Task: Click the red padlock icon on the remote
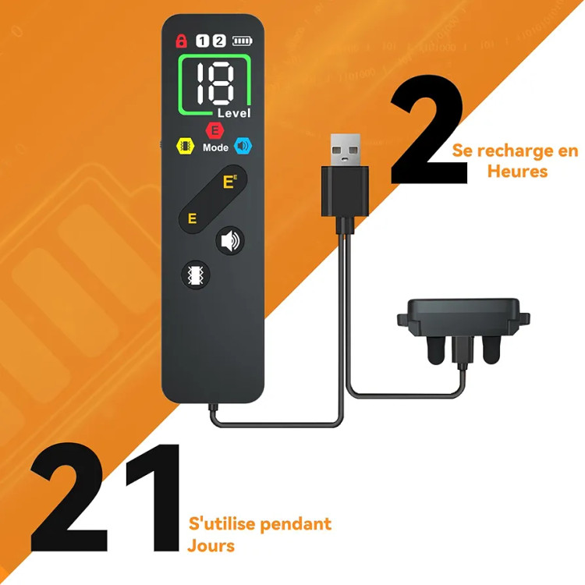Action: pos(181,41)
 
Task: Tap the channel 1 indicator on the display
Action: pos(202,41)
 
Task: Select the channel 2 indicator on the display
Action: pos(219,41)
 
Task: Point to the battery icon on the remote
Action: pos(243,41)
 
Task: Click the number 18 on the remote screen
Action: pos(215,83)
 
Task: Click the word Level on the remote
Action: pos(234,113)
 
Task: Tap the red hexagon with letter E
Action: pos(215,130)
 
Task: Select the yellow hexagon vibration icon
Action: pos(186,146)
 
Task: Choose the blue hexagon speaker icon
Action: pos(243,146)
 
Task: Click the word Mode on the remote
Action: pos(215,147)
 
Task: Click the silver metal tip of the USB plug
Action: pos(346,150)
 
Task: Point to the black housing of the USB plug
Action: pos(345,192)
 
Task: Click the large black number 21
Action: pos(105,497)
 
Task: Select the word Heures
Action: pos(517,172)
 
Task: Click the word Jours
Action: pos(211,545)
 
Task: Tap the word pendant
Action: pos(295,524)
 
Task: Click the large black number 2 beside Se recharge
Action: pos(428,129)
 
